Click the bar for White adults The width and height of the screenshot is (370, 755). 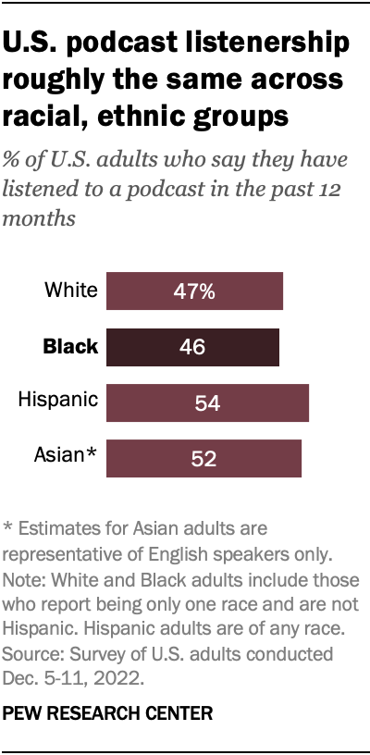tap(194, 291)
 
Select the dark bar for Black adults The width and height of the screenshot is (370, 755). tap(192, 347)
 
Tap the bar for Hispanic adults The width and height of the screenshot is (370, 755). tap(207, 402)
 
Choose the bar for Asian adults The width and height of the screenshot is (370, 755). tap(203, 458)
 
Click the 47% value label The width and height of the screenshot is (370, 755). tap(194, 291)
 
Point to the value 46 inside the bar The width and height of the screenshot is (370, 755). tap(192, 348)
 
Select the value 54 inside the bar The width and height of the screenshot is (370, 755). tap(207, 403)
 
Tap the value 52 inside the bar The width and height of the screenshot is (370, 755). tap(203, 459)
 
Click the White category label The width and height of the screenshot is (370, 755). tap(71, 291)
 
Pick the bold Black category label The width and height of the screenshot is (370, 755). tap(69, 347)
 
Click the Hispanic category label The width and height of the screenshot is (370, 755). tap(58, 400)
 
